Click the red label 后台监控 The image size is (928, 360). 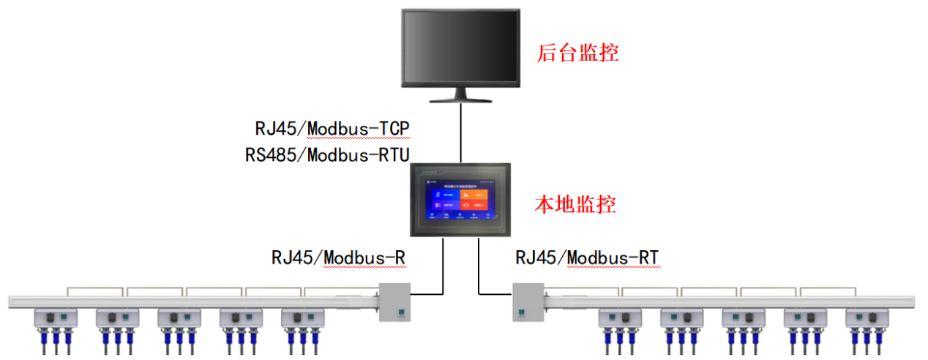pyautogui.click(x=577, y=53)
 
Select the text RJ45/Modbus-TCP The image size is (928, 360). pyautogui.click(x=332, y=129)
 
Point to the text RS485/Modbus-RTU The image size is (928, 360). pyautogui.click(x=327, y=154)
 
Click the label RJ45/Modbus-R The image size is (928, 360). pyautogui.click(x=339, y=258)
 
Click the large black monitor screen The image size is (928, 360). pyautogui.click(x=460, y=48)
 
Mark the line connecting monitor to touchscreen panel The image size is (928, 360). pyautogui.click(x=461, y=132)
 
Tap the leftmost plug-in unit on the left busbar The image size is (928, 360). pyautogui.click(x=56, y=319)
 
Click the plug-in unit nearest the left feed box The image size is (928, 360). pyautogui.click(x=302, y=319)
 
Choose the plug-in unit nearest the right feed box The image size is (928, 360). pyautogui.click(x=619, y=319)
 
